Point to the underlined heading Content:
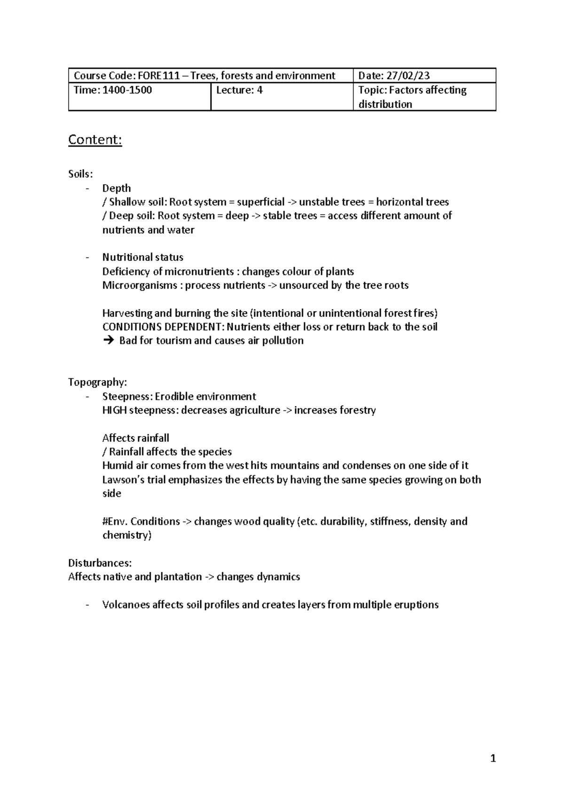[95, 140]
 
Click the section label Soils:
[80, 174]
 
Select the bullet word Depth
[117, 188]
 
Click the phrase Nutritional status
[143, 258]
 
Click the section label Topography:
[97, 382]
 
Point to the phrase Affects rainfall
[135, 438]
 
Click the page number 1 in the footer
[493, 759]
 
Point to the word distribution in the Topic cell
[385, 104]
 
